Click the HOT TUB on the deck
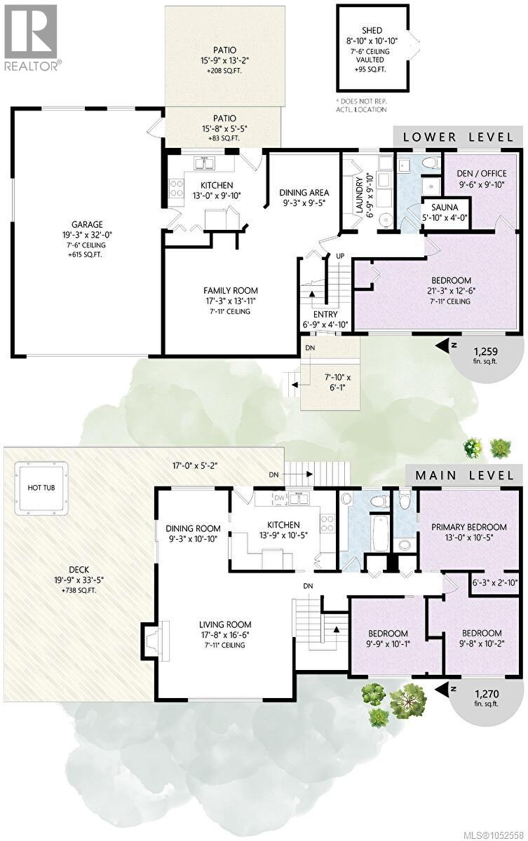(41, 487)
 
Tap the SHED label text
(372, 30)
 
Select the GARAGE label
(87, 224)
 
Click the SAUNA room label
(445, 207)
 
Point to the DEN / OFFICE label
(482, 174)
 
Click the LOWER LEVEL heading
(458, 137)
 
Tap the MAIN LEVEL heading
(464, 475)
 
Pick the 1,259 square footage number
(485, 351)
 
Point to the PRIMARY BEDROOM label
(468, 527)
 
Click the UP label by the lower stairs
(340, 256)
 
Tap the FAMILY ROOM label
(231, 290)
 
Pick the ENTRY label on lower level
(325, 314)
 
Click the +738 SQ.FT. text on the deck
(79, 591)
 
